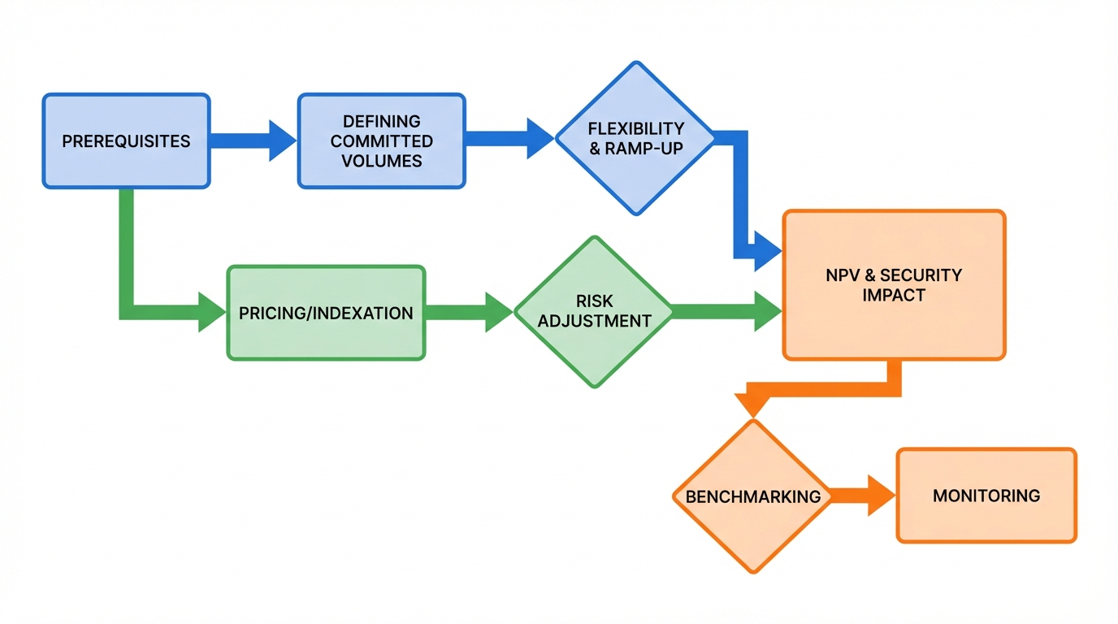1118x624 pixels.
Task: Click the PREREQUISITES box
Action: [x=126, y=141]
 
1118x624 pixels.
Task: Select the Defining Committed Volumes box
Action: [x=381, y=141]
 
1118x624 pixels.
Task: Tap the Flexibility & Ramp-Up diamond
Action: [x=636, y=139]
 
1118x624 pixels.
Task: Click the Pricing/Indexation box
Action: [x=325, y=313]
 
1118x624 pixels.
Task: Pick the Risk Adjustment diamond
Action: [x=594, y=312]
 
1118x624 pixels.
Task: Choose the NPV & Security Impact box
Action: [x=894, y=284]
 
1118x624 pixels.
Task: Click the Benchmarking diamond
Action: [x=753, y=496]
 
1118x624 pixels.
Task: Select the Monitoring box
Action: [x=986, y=495]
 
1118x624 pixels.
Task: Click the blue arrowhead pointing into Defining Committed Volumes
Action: [x=283, y=141]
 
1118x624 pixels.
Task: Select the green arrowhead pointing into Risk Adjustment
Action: [x=499, y=313]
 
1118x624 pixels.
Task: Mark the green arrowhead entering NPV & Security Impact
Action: [x=767, y=312]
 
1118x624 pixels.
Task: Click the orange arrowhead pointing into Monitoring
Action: [x=881, y=496]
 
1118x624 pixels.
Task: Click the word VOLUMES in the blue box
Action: [x=381, y=160]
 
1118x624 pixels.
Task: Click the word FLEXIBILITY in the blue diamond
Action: [x=636, y=129]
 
